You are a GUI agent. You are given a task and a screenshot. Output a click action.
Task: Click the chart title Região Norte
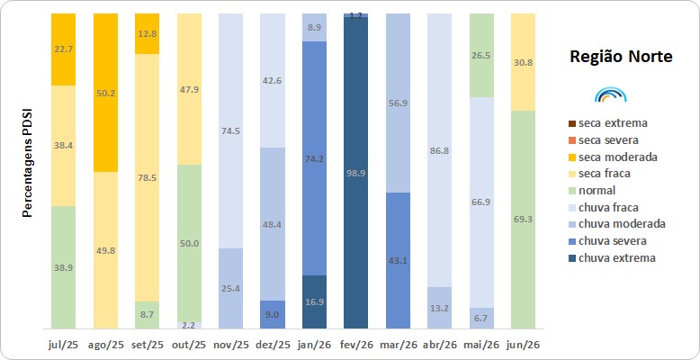(621, 58)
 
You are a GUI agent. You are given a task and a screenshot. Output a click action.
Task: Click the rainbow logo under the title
(611, 94)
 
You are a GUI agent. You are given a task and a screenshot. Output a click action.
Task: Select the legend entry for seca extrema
(608, 122)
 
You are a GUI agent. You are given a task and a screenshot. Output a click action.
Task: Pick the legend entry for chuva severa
(607, 241)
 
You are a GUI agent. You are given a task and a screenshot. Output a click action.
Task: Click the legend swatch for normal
(572, 191)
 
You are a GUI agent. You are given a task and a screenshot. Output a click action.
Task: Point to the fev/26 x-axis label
(355, 346)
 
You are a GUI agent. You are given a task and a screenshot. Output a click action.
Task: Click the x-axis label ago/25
(105, 346)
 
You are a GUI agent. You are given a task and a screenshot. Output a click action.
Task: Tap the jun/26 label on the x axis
(524, 346)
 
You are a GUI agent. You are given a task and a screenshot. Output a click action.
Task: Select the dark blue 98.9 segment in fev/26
(355, 173)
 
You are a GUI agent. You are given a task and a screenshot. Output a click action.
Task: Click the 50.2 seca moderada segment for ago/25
(105, 93)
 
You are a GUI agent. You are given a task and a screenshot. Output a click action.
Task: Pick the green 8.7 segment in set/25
(147, 315)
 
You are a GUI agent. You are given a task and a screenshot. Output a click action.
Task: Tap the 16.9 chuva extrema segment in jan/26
(314, 301)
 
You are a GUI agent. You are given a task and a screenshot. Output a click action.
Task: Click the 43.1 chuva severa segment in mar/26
(398, 261)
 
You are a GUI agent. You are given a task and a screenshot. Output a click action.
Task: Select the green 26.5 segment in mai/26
(481, 56)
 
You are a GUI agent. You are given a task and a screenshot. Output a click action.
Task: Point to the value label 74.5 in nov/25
(230, 130)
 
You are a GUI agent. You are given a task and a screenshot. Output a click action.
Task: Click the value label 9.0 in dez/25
(273, 315)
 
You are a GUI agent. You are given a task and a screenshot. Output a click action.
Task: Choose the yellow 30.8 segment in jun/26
(524, 62)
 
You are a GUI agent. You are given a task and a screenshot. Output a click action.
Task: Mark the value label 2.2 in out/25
(189, 326)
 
